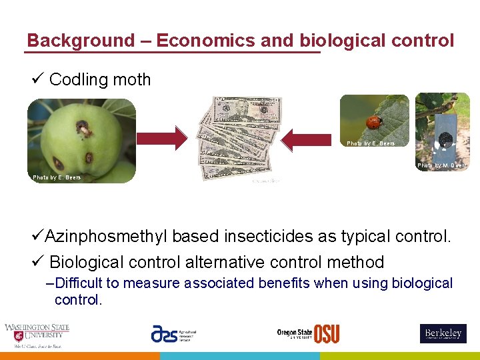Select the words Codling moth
click(100, 80)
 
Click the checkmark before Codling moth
click(37, 79)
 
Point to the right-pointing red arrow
click(162, 138)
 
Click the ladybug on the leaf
click(375, 123)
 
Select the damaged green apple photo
click(81, 141)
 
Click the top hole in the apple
click(84, 126)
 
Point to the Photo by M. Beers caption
click(441, 165)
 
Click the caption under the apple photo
click(57, 177)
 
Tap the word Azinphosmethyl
click(108, 237)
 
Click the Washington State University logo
click(37, 335)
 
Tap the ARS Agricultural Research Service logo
click(173, 334)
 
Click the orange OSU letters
click(326, 334)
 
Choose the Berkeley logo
click(443, 333)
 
